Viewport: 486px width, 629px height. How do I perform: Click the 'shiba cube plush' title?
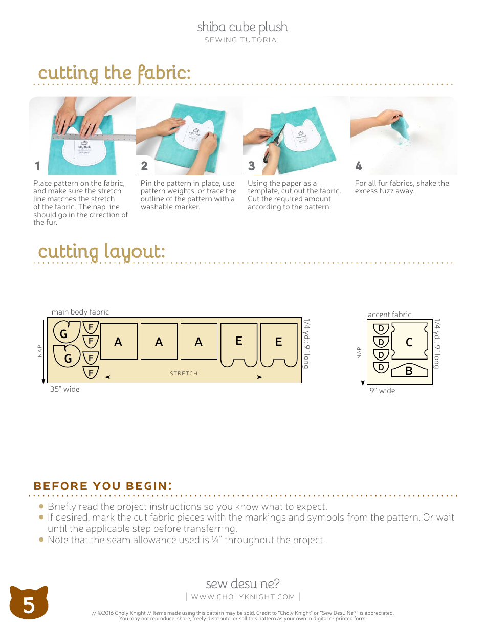point(242,27)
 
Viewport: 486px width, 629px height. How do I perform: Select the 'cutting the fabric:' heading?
point(114,73)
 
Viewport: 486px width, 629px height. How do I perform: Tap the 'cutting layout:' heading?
point(101,252)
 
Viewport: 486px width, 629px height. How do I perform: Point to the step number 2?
point(144,166)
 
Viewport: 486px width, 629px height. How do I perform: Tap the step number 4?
point(359,166)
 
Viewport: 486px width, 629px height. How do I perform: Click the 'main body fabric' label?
point(80,312)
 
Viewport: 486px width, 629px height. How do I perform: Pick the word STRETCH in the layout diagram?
point(184,373)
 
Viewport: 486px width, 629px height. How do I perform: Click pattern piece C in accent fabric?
point(409,342)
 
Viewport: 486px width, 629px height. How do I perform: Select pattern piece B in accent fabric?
point(409,371)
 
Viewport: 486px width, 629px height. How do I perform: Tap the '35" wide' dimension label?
point(65,389)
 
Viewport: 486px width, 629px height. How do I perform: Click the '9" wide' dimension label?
point(382,391)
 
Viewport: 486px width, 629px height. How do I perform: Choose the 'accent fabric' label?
point(389,314)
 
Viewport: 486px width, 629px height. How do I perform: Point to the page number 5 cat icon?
point(29,603)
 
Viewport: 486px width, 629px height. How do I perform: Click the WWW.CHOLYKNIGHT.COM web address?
point(243,597)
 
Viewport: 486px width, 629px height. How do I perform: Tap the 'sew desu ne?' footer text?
point(242,583)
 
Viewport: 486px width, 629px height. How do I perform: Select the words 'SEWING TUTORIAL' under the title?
point(242,40)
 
